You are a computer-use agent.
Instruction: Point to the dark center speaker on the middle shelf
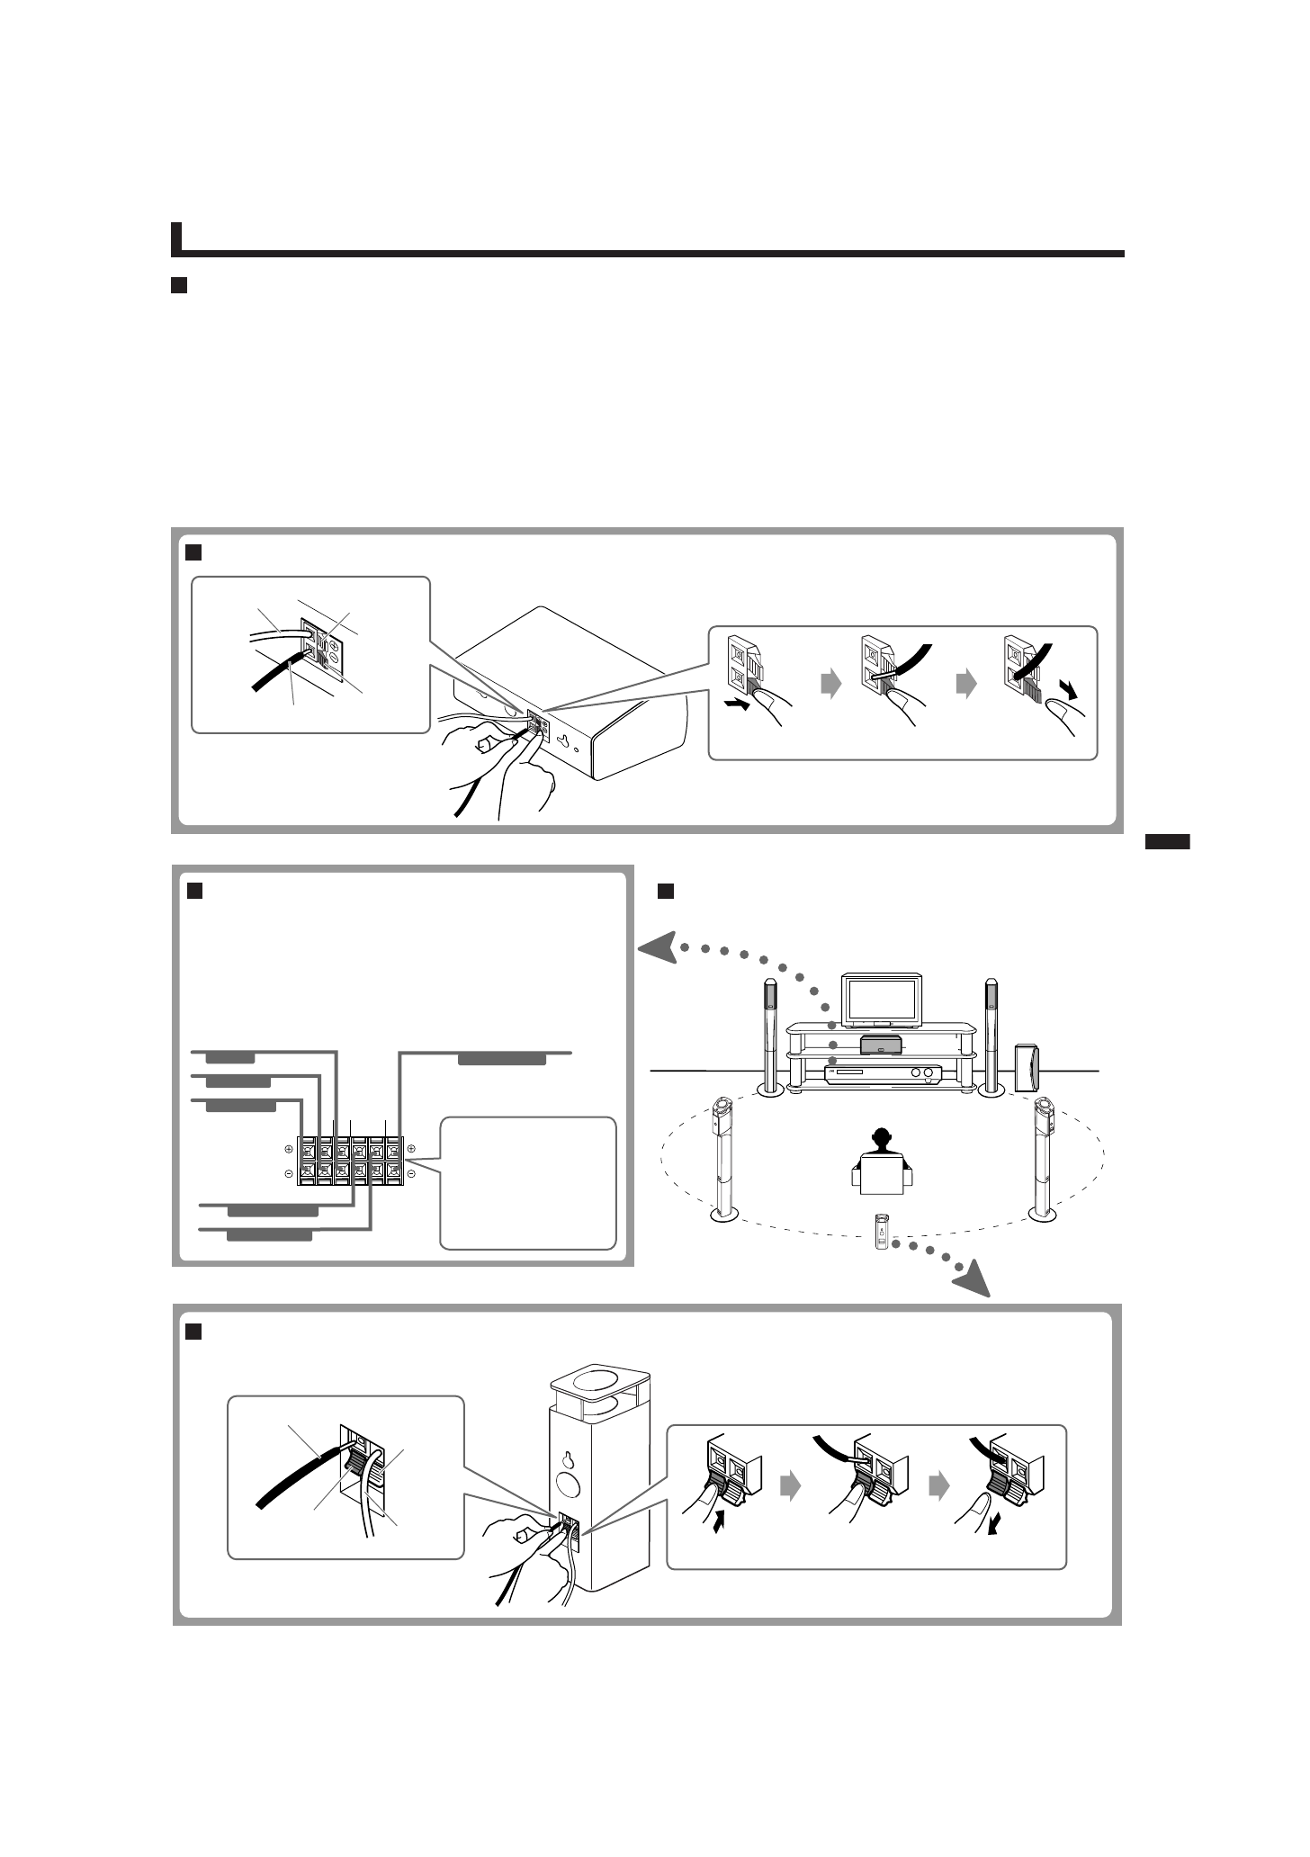point(881,1045)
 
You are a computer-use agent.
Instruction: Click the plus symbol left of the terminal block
point(289,1149)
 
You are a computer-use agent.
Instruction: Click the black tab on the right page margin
point(1167,842)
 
